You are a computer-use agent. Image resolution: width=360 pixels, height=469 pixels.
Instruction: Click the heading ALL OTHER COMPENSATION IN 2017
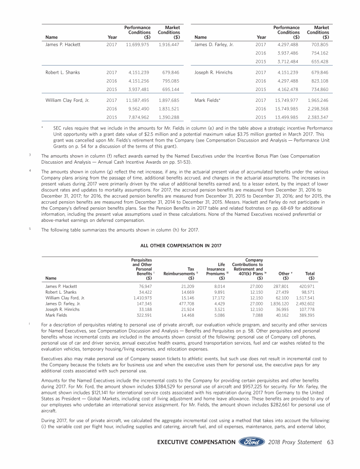tap(180, 244)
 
